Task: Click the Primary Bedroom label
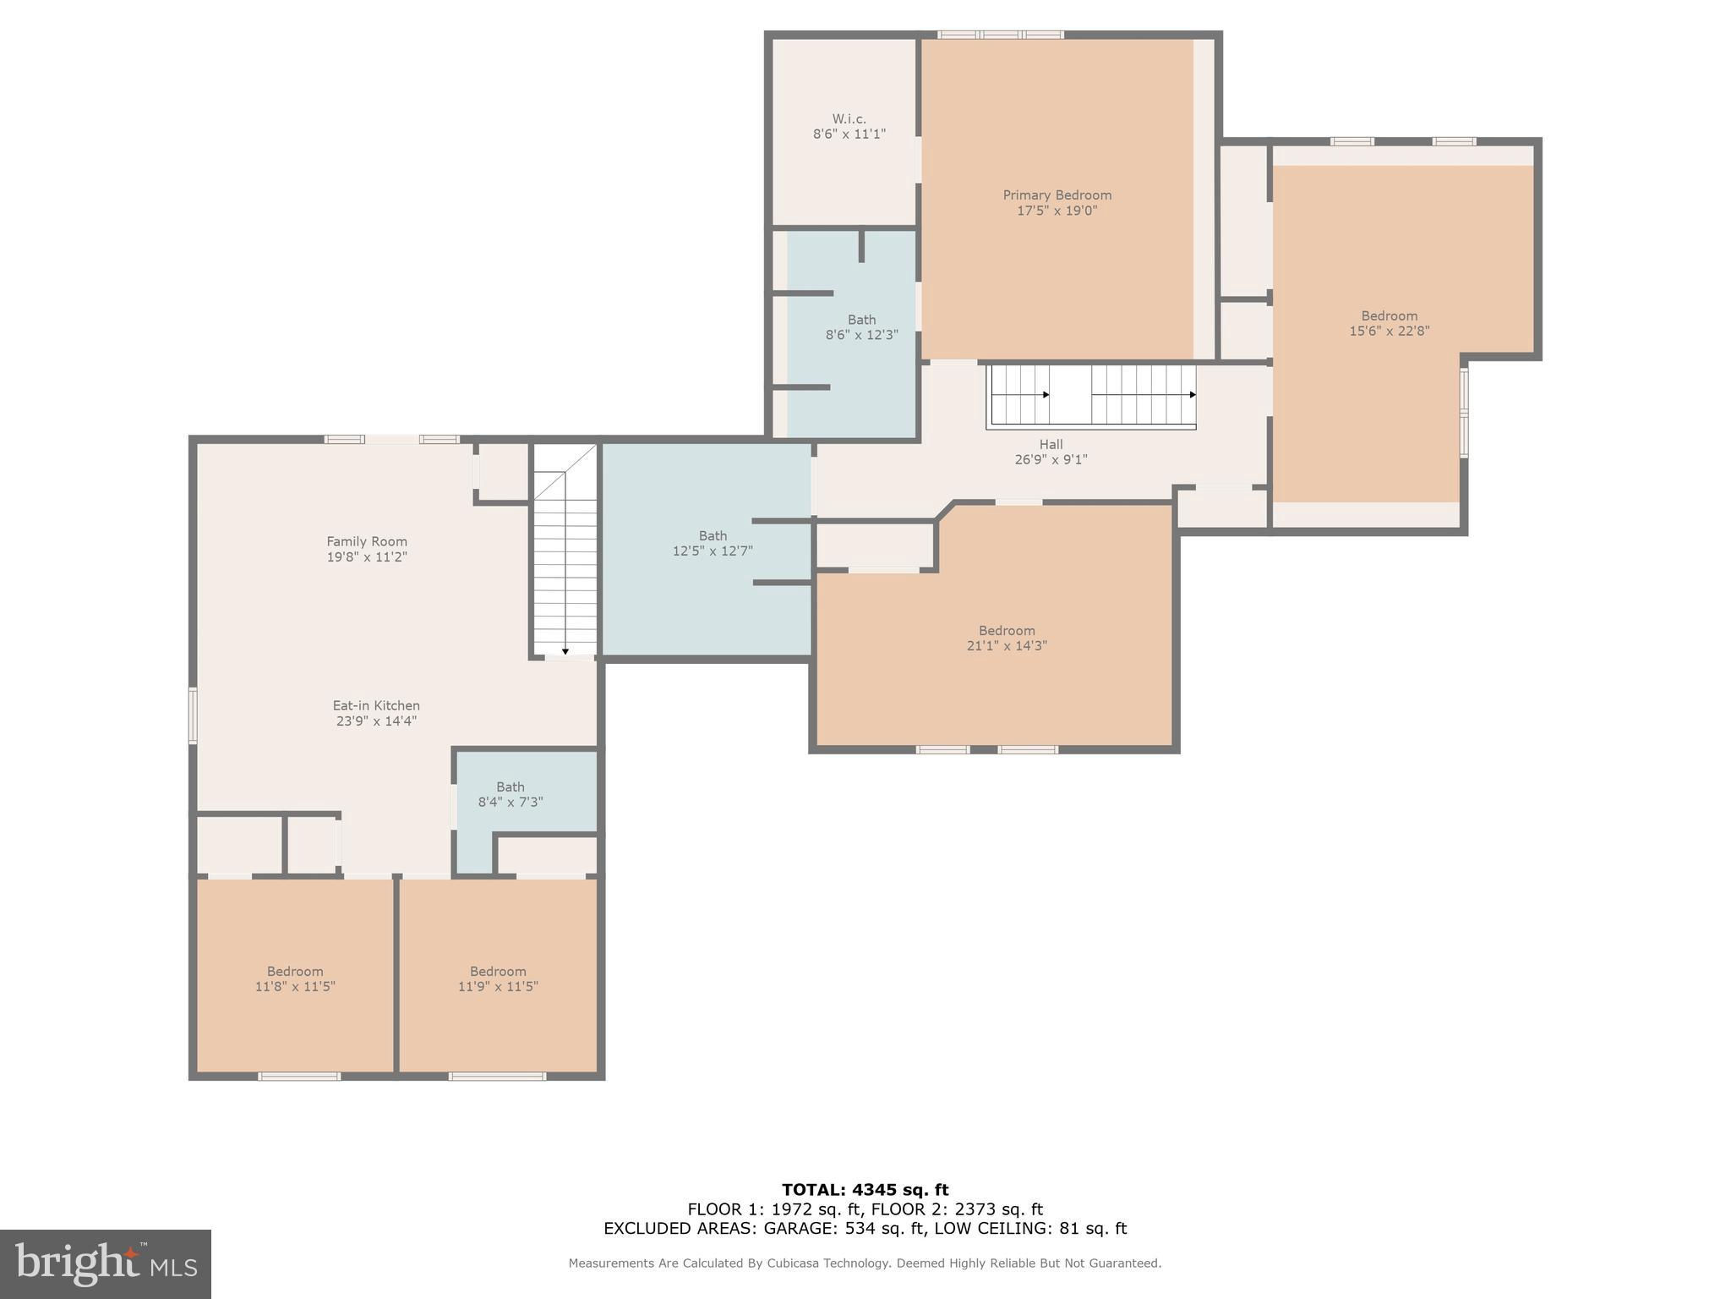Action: click(1057, 195)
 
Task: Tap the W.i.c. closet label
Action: click(849, 119)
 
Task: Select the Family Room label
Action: click(367, 542)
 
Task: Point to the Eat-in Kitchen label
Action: click(376, 706)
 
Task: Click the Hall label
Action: click(1051, 445)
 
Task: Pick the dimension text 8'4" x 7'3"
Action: click(511, 803)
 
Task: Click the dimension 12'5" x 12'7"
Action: click(713, 551)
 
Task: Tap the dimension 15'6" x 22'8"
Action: click(1390, 332)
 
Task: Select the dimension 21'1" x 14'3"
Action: click(1007, 646)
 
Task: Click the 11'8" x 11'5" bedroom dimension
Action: click(295, 987)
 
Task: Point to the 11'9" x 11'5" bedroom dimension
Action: click(498, 987)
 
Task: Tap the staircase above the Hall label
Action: click(1091, 396)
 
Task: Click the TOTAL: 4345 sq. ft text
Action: click(865, 1190)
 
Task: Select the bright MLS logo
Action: click(106, 1264)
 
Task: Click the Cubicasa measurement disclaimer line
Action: click(865, 1263)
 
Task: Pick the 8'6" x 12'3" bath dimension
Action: click(861, 336)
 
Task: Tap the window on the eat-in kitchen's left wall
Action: click(193, 715)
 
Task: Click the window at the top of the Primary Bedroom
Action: click(1001, 35)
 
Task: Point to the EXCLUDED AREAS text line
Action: click(865, 1229)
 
